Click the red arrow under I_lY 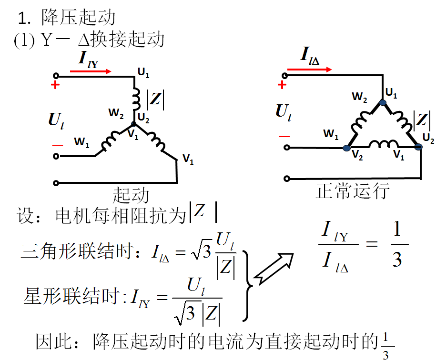click(x=91, y=71)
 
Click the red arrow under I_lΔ click(x=310, y=70)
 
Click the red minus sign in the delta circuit click(x=284, y=137)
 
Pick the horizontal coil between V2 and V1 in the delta click(x=383, y=145)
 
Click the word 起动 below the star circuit click(x=131, y=195)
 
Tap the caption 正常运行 click(x=353, y=191)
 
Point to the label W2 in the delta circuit click(x=359, y=97)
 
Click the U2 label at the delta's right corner click(x=428, y=139)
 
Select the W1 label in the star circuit click(x=81, y=142)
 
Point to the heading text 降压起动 click(x=78, y=18)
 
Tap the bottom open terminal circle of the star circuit click(x=57, y=182)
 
